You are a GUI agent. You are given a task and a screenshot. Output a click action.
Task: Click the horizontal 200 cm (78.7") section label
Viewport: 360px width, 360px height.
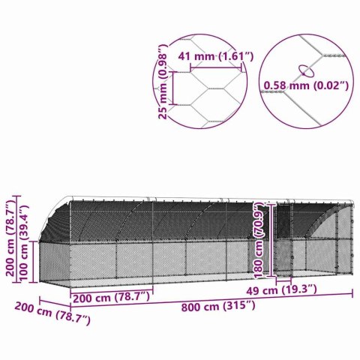point(110,296)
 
